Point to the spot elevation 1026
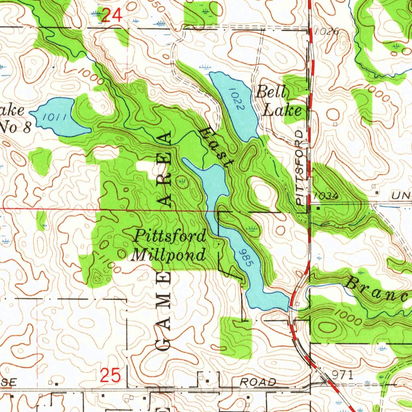327,31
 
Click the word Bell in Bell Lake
271,93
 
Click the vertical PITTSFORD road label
301,168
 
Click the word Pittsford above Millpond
170,236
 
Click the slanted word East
217,146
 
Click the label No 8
15,127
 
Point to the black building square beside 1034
319,209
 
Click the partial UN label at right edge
401,196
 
